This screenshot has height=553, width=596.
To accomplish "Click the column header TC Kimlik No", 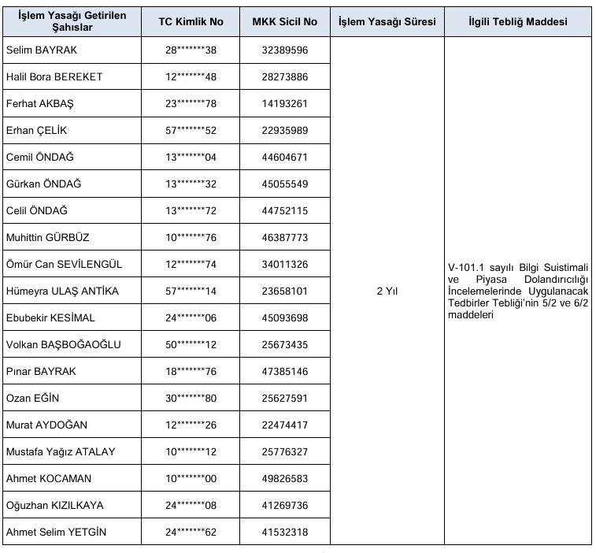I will point(191,22).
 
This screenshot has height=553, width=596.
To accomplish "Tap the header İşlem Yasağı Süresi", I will point(387,22).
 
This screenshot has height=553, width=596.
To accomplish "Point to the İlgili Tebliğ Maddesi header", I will point(517,22).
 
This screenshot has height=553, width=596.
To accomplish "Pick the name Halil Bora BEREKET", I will point(54,76).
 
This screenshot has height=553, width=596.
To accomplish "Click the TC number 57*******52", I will point(191,130).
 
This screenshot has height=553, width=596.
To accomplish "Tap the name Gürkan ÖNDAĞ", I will point(43,184).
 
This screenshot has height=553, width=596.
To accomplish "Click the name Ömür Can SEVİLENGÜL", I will point(64,264).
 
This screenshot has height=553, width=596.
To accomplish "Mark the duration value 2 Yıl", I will point(387,291).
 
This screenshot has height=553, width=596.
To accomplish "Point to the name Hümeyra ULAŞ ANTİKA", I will point(62,291).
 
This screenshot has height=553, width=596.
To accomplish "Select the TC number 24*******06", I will point(191,317).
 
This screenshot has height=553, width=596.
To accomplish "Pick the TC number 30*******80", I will point(191,398).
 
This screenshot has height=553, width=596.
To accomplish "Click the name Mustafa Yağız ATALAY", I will point(61,451).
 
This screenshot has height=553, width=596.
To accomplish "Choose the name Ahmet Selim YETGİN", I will point(56,532).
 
